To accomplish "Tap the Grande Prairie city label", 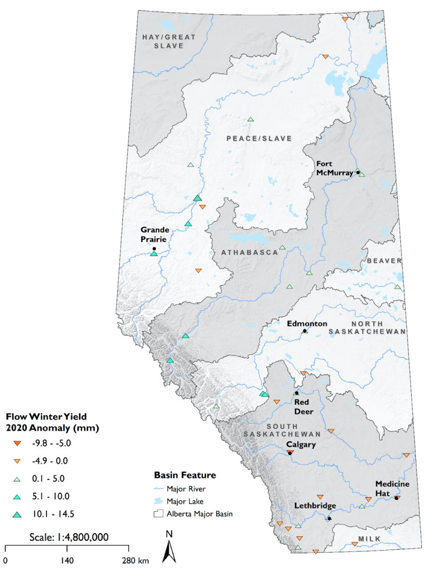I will click(154, 234).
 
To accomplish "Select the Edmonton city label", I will click(307, 323).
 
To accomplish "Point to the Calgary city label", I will click(300, 445).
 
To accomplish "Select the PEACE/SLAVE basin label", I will click(259, 138).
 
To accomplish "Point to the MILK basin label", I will click(369, 539).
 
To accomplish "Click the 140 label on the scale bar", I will click(67, 560).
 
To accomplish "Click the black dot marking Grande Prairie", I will click(154, 248).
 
